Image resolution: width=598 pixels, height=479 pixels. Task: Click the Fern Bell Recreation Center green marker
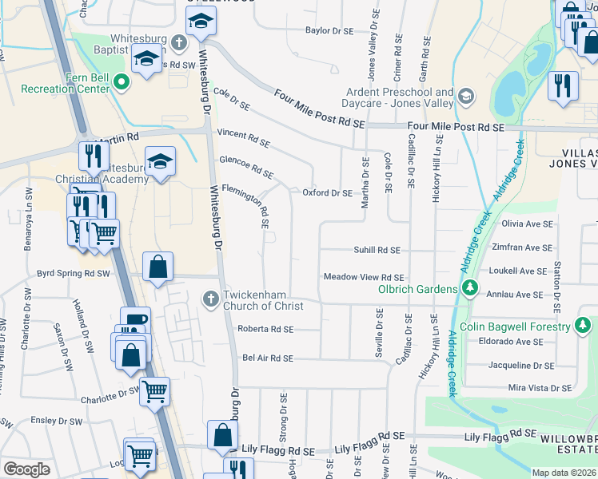[x=121, y=81]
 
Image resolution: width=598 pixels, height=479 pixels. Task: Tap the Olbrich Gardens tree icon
[x=471, y=288]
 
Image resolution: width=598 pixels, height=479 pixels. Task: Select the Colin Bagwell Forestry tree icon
[x=584, y=327]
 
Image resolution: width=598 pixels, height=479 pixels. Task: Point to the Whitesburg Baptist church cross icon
[x=180, y=42]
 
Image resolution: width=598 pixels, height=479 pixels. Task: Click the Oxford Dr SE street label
[x=327, y=193]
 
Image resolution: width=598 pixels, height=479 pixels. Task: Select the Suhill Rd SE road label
[x=377, y=250]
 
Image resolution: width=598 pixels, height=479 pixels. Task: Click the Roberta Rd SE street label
[x=265, y=329]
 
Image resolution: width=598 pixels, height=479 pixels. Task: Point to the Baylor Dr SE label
[x=329, y=31]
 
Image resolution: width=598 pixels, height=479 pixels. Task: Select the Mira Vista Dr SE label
[x=540, y=388]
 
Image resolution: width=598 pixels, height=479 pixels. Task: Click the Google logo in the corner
[x=26, y=469]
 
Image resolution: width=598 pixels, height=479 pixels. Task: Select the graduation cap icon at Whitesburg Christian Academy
[x=160, y=162]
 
